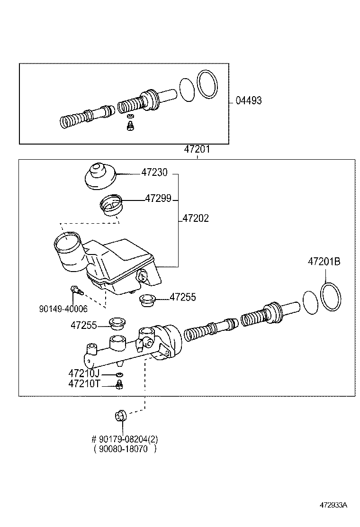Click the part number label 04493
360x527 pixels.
pyautogui.click(x=249, y=100)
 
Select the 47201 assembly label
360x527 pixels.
pyautogui.click(x=197, y=150)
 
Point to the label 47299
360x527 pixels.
pyautogui.click(x=158, y=199)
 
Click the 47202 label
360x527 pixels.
pyautogui.click(x=196, y=218)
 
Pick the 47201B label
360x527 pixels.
pyautogui.click(x=324, y=262)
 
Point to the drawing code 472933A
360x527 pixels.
pyautogui.click(x=333, y=505)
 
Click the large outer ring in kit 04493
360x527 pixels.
pyautogui.click(x=207, y=85)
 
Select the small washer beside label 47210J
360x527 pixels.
pyautogui.click(x=119, y=374)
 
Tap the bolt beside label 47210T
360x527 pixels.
pyautogui.click(x=119, y=385)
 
